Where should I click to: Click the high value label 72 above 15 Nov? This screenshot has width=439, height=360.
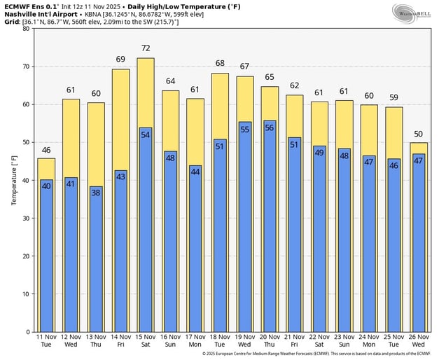(x=146, y=48)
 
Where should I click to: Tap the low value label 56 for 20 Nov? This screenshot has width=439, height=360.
(x=269, y=127)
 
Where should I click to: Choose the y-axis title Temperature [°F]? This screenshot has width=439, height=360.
(x=13, y=181)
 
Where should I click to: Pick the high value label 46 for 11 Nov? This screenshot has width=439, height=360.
(x=46, y=150)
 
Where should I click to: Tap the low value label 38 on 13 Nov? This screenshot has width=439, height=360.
(x=96, y=191)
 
